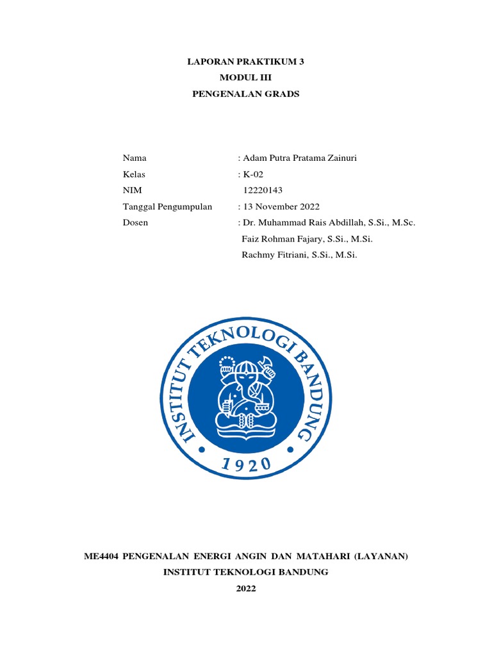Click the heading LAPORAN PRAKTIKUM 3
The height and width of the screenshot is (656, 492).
coord(246,63)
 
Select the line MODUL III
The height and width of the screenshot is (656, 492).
coord(246,78)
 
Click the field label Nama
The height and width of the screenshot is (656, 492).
coord(135,158)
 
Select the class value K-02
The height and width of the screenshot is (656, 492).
coord(252,174)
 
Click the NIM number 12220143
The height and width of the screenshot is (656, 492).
coord(263,190)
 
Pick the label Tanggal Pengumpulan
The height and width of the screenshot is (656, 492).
coord(167,206)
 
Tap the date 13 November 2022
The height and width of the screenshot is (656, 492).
coord(281,206)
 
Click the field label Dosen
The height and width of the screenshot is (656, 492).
coord(135,222)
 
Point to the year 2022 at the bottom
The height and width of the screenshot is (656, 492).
coord(246,589)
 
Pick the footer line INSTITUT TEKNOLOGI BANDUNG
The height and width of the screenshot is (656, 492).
coord(246,572)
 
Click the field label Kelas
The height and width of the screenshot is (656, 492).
coord(135,174)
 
